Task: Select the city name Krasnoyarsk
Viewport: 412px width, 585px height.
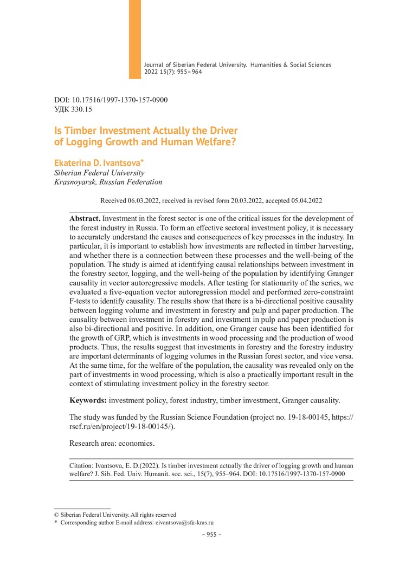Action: coord(74,182)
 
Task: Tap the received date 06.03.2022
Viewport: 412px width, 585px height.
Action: coord(143,200)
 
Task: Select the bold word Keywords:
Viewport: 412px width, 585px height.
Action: coord(88,400)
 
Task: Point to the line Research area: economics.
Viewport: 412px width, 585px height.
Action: coord(112,443)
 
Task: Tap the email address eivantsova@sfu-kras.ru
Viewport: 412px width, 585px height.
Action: coord(184,523)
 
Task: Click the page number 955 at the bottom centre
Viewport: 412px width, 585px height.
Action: coord(209,535)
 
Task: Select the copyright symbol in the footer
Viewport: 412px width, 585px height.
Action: coord(56,515)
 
